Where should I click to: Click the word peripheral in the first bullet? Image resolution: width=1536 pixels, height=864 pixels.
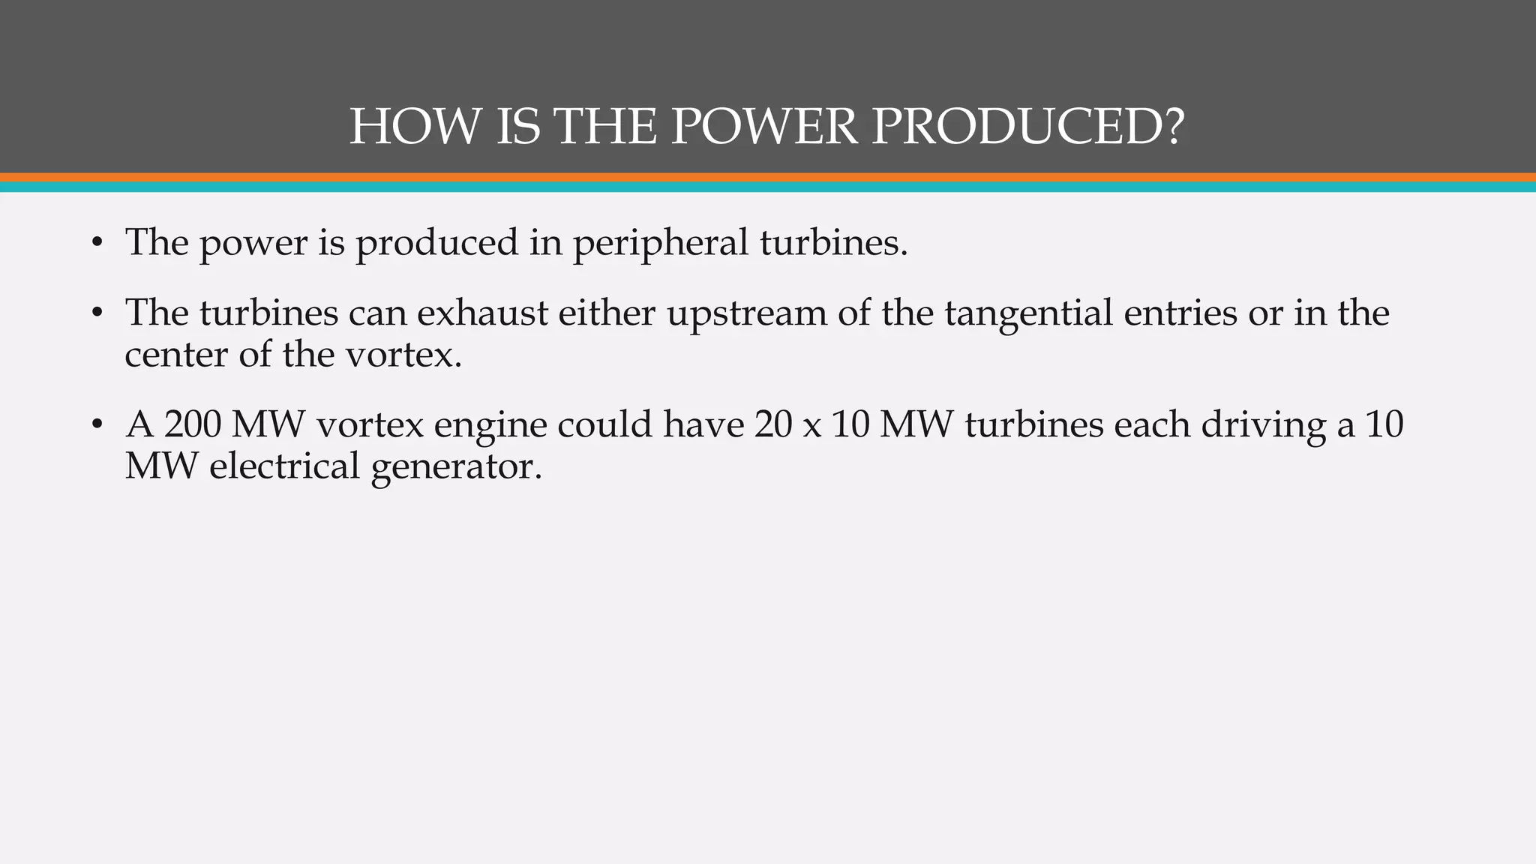pos(661,243)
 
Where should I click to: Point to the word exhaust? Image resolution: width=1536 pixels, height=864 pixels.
pos(482,313)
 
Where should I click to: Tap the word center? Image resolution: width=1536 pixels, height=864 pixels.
pos(176,354)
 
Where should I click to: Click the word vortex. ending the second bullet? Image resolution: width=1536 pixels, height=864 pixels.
pos(403,354)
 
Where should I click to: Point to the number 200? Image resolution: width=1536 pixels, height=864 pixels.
pos(192,424)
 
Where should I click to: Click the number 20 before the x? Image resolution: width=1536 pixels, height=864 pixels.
pos(773,424)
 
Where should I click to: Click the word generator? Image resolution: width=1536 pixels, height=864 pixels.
pos(456,467)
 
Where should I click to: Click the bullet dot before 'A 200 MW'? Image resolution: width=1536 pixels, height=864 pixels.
pos(96,425)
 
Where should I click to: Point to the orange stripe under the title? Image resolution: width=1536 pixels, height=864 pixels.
pos(768,178)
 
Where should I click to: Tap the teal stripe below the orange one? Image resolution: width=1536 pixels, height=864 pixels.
pos(768,187)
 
